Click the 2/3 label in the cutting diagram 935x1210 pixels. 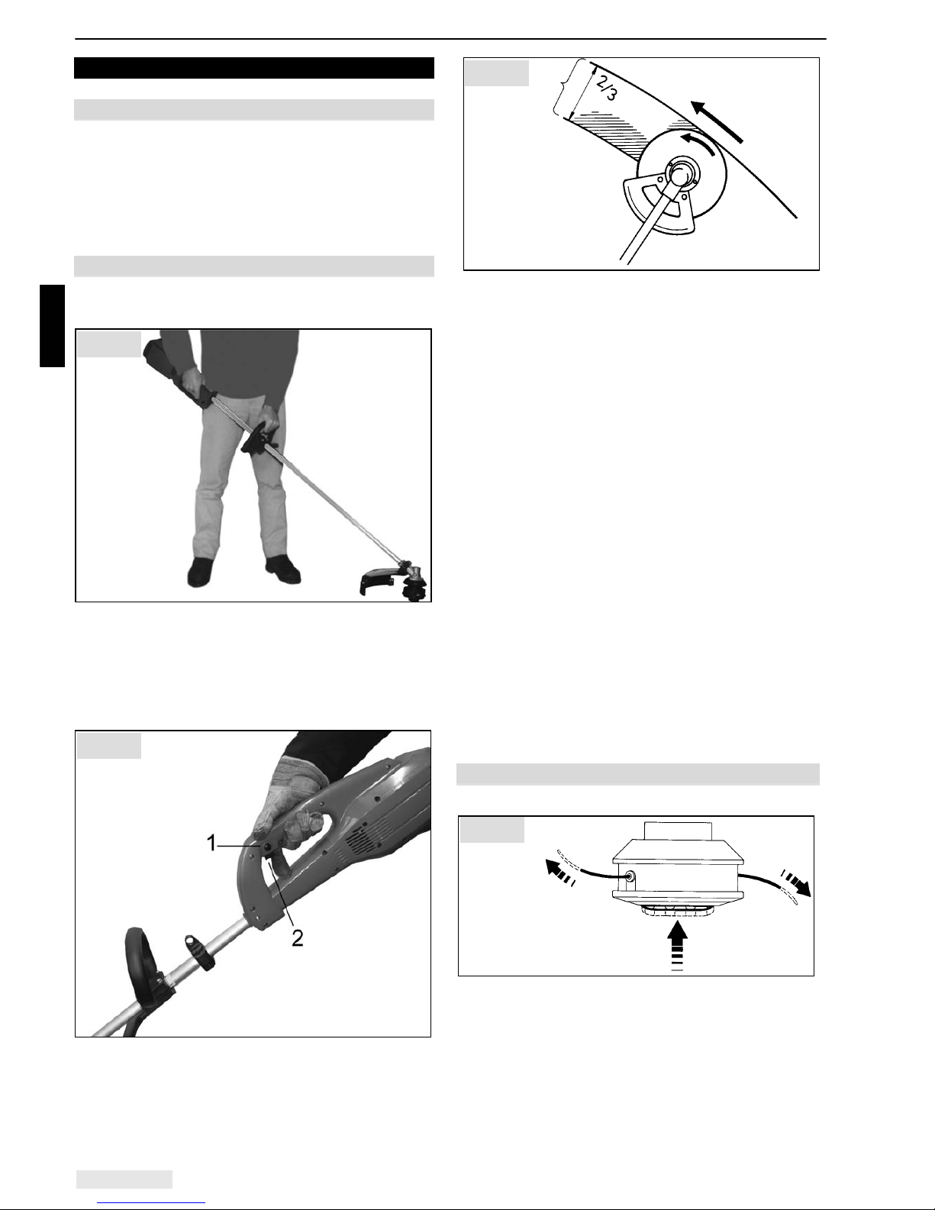606,87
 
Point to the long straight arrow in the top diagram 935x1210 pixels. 716,121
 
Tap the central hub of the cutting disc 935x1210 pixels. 679,176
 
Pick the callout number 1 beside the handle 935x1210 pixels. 211,843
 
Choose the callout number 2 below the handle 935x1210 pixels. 298,938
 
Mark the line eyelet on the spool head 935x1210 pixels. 630,876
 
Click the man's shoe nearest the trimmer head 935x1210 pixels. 282,568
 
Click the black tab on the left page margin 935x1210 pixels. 53,326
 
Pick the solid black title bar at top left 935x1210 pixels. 253,68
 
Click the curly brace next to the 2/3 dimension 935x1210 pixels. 562,88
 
